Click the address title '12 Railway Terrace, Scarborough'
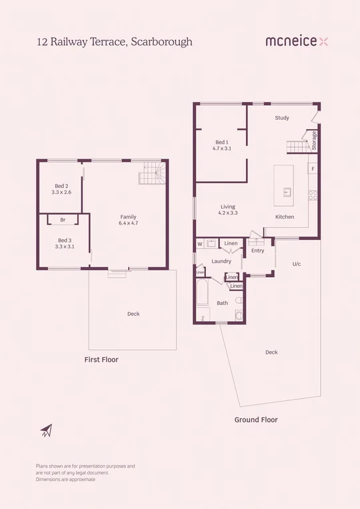tap(114, 41)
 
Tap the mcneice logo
tap(297, 41)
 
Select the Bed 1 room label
tap(222, 145)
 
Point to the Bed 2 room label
tap(61, 189)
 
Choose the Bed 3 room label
tap(64, 243)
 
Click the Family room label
tap(128, 220)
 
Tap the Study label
tap(282, 118)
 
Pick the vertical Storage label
tap(315, 141)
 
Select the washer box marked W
tap(199, 245)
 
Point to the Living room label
tap(229, 210)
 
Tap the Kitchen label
tap(285, 217)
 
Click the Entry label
tap(258, 251)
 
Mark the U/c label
tap(297, 264)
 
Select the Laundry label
tap(221, 261)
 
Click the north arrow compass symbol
tap(45, 430)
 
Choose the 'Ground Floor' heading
tap(256, 420)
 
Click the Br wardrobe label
tap(63, 220)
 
